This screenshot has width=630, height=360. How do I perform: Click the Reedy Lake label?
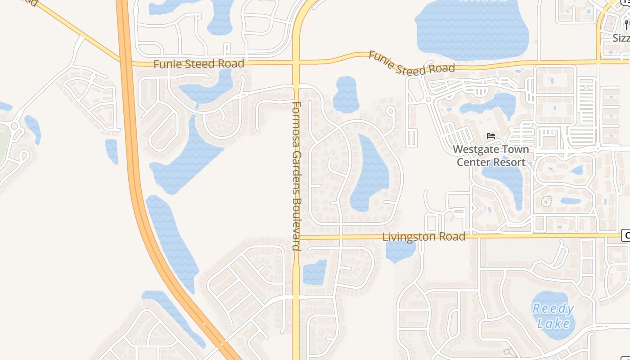tap(553, 316)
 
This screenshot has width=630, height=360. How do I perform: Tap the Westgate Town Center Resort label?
tap(491, 156)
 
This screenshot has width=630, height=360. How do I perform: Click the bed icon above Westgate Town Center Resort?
tap(491, 135)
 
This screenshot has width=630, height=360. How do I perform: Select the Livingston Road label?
tap(423, 237)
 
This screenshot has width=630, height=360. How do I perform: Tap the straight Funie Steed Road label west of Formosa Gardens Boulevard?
tap(198, 64)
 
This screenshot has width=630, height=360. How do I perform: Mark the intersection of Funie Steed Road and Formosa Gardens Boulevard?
tap(296, 63)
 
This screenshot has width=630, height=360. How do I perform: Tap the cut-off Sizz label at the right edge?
tap(621, 38)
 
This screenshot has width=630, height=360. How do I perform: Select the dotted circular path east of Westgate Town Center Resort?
tap(546, 202)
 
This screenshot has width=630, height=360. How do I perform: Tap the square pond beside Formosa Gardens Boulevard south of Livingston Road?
tap(314, 273)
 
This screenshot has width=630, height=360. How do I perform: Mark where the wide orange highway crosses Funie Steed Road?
tap(126, 63)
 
